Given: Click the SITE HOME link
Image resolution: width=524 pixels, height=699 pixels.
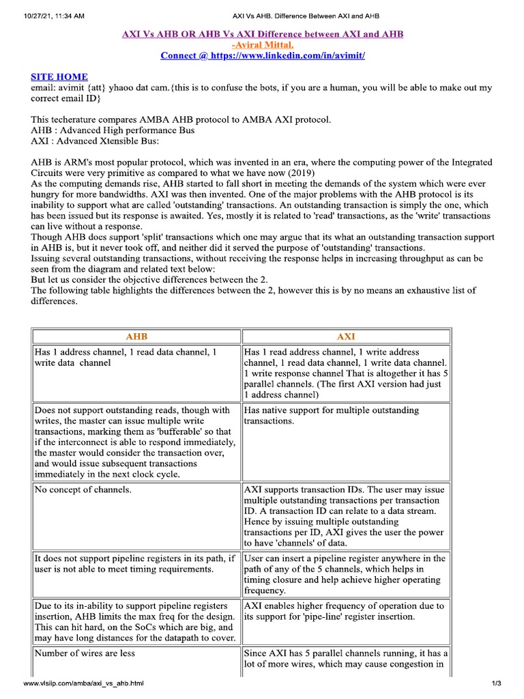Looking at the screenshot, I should coord(59,77).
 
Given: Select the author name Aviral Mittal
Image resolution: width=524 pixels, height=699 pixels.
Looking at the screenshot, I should coord(263,45).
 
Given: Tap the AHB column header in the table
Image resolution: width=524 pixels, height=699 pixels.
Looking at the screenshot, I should coord(136,337).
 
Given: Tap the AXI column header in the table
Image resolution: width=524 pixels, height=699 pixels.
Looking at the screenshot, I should coord(346,337).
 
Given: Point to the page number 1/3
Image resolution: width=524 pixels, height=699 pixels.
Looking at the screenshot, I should coord(496,684).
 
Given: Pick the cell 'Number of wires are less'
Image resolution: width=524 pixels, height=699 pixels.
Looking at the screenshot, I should coord(85,653).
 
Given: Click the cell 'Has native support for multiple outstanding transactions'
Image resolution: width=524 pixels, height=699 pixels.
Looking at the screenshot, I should coord(332,416).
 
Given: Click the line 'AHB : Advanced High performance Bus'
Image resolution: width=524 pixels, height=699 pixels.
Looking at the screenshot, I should coord(113,130).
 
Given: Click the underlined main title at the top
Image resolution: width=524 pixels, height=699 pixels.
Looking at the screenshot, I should coord(262,34).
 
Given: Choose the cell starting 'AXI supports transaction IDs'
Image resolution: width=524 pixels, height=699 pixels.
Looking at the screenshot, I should coord(345,517).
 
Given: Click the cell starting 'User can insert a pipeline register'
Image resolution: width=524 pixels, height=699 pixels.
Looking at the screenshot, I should coord(345,574).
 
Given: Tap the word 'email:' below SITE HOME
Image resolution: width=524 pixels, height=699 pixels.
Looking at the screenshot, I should coord(44,88).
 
